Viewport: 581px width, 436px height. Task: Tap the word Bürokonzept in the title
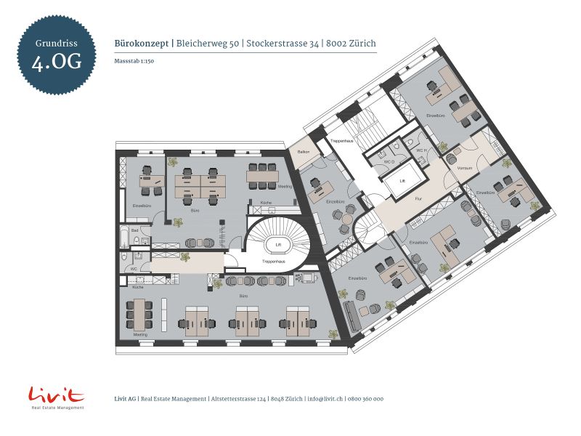142,44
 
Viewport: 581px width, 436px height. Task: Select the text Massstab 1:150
134,61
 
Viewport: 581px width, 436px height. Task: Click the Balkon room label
304,151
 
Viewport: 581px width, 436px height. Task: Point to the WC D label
389,161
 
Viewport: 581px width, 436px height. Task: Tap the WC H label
420,150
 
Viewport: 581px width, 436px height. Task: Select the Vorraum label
465,168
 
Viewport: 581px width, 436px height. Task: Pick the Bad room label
125,230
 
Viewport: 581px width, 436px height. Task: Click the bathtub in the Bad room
126,238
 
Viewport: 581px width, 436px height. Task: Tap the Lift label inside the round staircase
277,245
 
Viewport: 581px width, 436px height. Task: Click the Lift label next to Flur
402,179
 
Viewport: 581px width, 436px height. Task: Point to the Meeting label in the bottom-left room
141,334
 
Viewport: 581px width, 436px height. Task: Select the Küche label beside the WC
138,288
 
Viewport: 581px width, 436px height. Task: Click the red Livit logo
57,396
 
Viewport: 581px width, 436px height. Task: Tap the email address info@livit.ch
325,399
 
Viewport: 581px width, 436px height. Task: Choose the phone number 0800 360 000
366,399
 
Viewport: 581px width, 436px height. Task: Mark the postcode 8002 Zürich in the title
352,44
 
